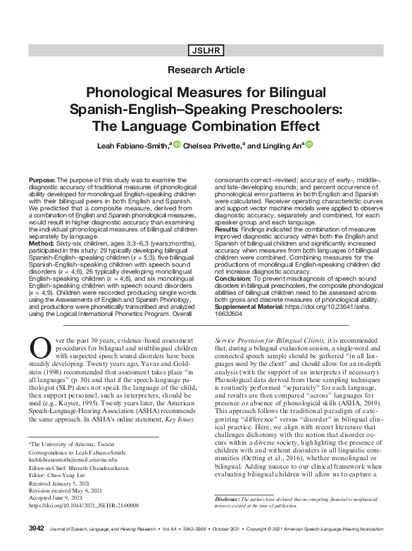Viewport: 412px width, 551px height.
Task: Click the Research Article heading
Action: (206, 70)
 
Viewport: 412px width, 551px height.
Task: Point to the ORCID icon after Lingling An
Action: (308, 144)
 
